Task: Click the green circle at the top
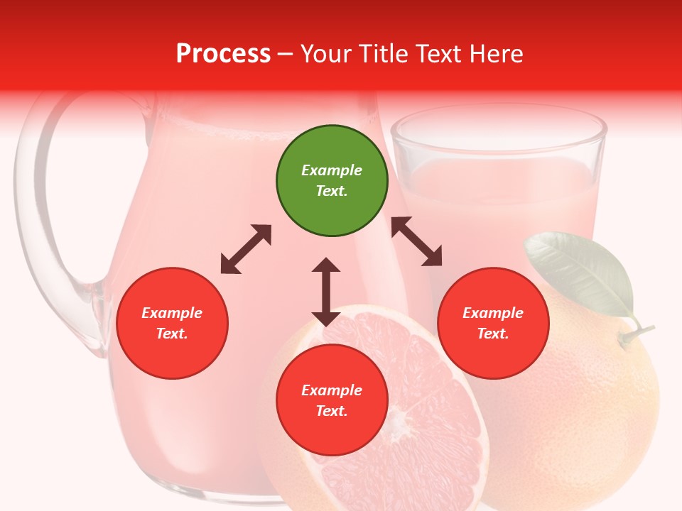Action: click(332, 181)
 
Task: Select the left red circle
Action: click(172, 323)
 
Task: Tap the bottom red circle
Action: click(332, 400)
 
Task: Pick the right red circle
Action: click(493, 323)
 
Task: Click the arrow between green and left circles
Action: click(246, 249)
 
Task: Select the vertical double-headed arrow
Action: click(326, 292)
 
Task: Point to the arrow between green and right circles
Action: click(417, 241)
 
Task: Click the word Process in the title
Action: click(223, 53)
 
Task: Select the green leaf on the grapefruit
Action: click(579, 273)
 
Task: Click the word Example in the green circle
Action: click(332, 170)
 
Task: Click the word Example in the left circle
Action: click(172, 313)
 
